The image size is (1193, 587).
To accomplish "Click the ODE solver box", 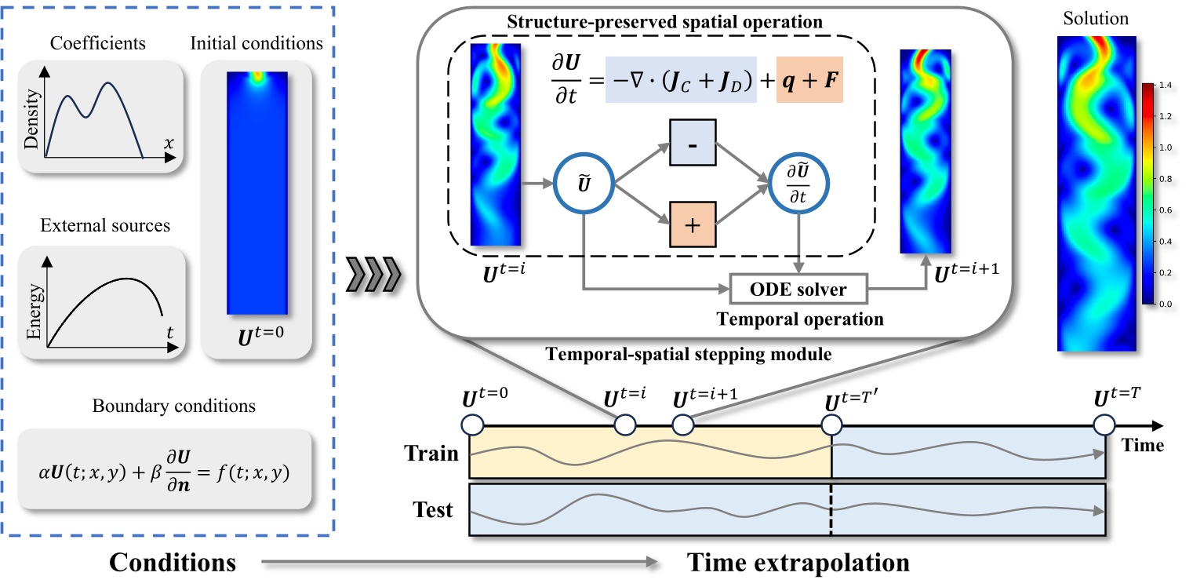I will tap(799, 290).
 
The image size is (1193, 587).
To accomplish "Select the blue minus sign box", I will tap(692, 144).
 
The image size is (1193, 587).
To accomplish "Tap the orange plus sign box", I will tap(692, 224).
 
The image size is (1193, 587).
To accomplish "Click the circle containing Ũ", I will tap(584, 184).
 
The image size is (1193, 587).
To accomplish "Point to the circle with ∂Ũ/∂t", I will tap(799, 184).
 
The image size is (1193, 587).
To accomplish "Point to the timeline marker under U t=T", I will tap(1104, 426).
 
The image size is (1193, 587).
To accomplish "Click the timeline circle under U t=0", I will tap(472, 426).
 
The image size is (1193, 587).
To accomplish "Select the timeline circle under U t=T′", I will tap(832, 426).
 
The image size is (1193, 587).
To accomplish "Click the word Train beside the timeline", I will tap(431, 454).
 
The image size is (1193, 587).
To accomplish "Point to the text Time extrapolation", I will tap(798, 562).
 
